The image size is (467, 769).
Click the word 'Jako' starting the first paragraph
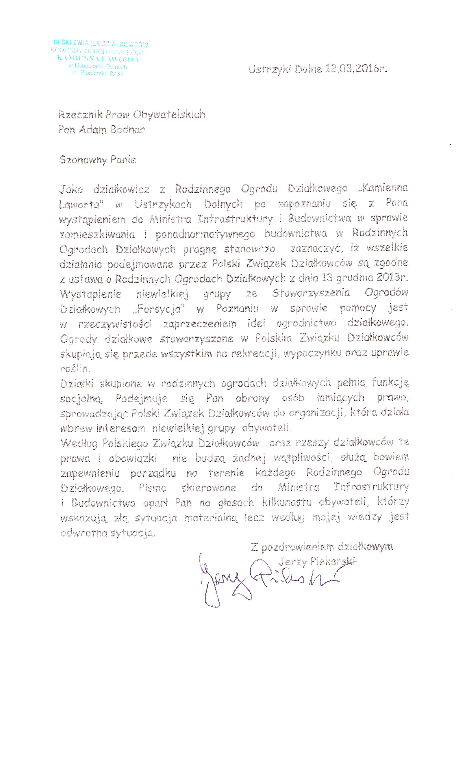[71, 189]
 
